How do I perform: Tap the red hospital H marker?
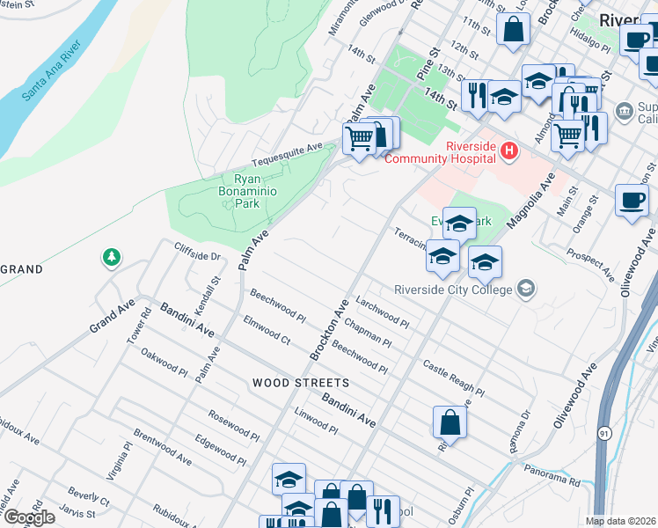tap(508, 152)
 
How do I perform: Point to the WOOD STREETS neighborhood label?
tap(301, 383)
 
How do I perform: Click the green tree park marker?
tap(111, 258)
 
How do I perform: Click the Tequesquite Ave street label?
tap(287, 156)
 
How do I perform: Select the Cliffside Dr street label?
tap(195, 255)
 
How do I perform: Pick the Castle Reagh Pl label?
tap(453, 378)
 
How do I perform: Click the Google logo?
tap(28, 517)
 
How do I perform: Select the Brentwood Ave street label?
tap(163, 447)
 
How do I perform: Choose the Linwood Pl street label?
tap(316, 421)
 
